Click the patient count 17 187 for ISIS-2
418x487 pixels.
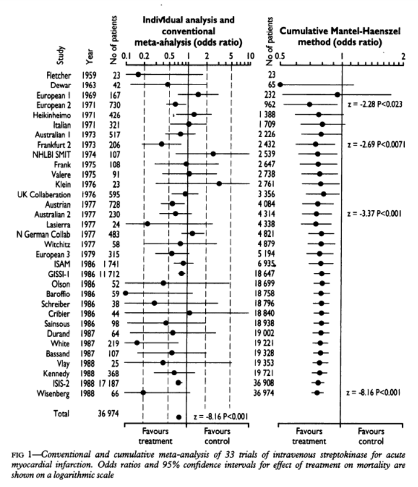(121, 382)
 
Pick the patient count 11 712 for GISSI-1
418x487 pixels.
(120, 273)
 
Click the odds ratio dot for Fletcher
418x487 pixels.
(138, 75)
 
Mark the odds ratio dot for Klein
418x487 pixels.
(219, 184)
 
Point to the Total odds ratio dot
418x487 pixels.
(179, 417)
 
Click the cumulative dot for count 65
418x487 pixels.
(280, 85)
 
